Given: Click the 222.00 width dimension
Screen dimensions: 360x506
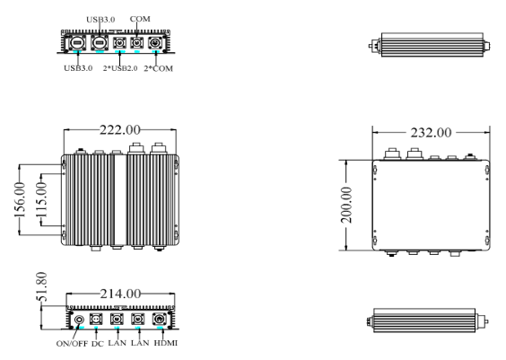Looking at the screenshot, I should [x=120, y=132].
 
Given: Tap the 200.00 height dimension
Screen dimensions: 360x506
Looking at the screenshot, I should [x=352, y=206].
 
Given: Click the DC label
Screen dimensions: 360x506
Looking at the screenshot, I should [x=97, y=344].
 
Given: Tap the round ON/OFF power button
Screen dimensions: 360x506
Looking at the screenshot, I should [x=80, y=319].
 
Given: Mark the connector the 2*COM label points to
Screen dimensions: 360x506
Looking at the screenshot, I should [x=158, y=42].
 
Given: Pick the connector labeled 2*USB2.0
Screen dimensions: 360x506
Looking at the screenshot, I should [x=118, y=42].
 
